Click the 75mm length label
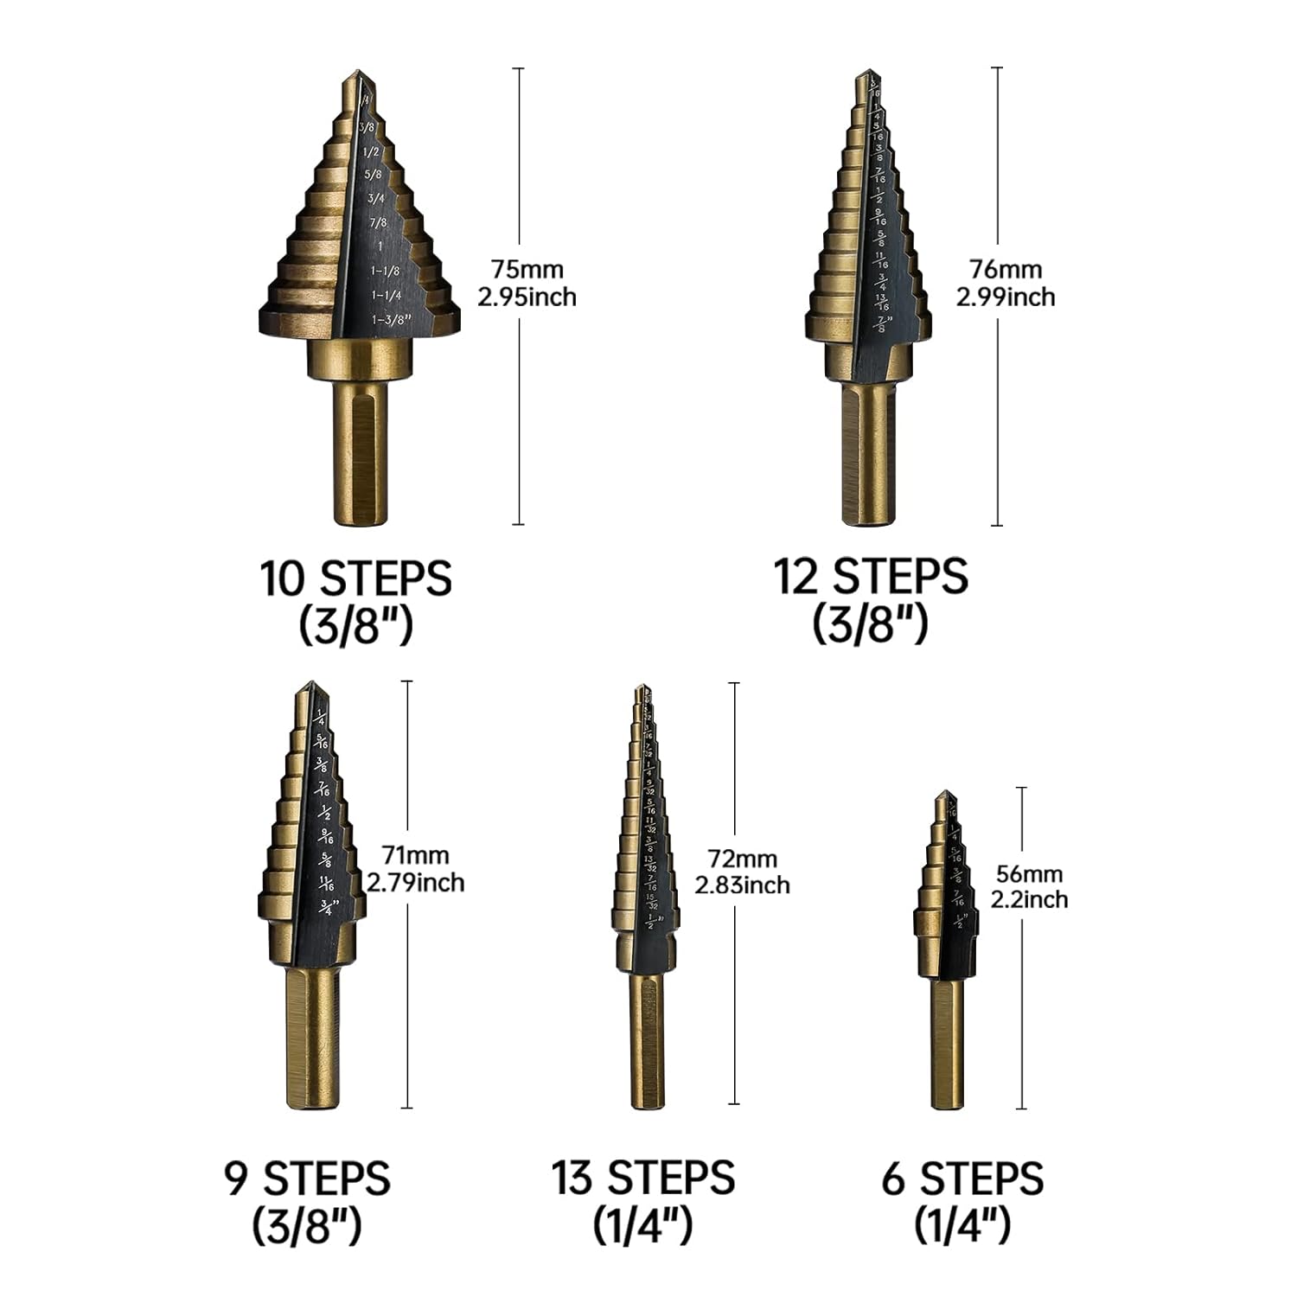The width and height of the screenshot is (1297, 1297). pos(527,269)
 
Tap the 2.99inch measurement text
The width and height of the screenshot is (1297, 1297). pos(1005,297)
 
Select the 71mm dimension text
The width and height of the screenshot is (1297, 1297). pos(415,855)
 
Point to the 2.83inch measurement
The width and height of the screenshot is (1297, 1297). pos(742,885)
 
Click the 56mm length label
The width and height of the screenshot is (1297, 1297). pos(1029,873)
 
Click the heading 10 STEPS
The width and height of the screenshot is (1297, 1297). pos(355,578)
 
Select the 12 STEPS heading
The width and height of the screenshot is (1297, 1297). pos(870,577)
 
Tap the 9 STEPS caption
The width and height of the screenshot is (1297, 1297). pos(307,1178)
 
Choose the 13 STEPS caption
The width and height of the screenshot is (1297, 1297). pos(643,1178)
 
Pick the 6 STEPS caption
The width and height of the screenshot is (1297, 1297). pos(962,1179)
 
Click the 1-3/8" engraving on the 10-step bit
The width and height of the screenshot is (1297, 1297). pos(390,320)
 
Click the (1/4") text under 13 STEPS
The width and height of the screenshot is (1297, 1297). pos(642,1225)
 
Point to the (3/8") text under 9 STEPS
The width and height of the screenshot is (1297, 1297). pos(306,1225)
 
